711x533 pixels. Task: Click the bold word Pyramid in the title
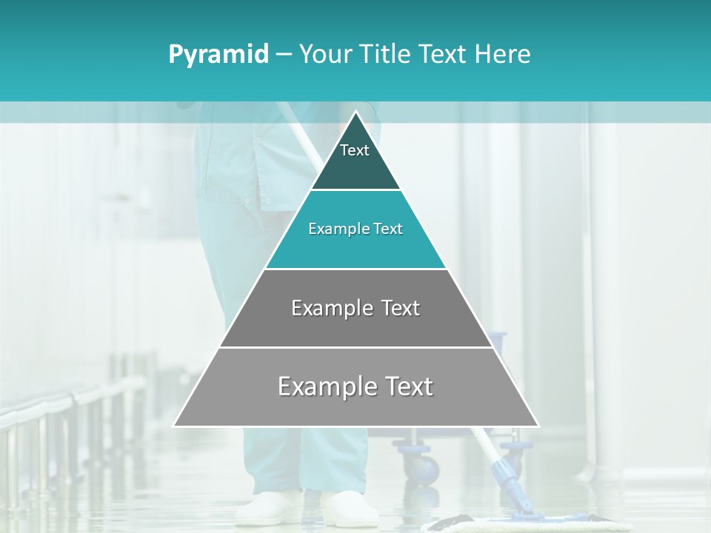(218, 55)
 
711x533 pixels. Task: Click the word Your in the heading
(324, 55)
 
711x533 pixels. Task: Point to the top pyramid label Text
(355, 150)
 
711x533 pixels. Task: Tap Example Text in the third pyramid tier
(355, 308)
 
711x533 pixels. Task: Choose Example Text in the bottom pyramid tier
(355, 386)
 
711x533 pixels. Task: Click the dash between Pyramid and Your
(284, 55)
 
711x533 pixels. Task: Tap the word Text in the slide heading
(443, 55)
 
